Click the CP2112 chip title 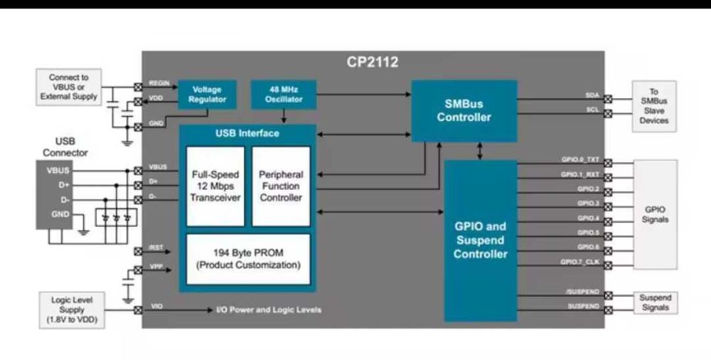[373, 62]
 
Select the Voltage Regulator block [206, 95]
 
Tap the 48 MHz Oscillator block [283, 95]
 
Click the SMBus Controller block [464, 110]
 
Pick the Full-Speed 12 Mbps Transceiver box [215, 186]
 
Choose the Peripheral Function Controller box [281, 186]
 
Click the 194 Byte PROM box [248, 259]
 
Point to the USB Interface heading [247, 134]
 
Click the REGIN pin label [159, 84]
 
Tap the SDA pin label [592, 95]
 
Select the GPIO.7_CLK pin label [580, 262]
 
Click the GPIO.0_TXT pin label [580, 161]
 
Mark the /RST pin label [156, 248]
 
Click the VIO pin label [156, 307]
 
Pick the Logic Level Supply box [73, 310]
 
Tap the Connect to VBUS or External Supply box [69, 87]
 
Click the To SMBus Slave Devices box [653, 107]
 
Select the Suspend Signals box [655, 302]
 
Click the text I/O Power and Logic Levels [269, 309]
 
